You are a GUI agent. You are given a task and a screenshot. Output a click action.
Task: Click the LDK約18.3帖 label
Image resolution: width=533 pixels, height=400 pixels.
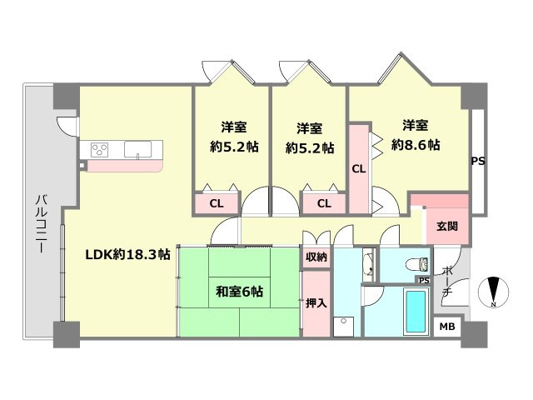point(127,254)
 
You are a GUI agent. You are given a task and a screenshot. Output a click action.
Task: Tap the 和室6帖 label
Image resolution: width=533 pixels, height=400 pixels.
point(239,292)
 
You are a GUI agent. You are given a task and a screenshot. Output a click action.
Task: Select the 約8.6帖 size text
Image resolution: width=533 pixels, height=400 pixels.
point(416,145)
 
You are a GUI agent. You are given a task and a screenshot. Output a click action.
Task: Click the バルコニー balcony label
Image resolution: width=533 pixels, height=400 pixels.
point(42,223)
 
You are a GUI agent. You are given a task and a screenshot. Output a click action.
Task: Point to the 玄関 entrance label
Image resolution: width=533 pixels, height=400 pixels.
point(447,226)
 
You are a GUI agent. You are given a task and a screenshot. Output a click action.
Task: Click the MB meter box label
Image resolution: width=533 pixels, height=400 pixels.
point(447,327)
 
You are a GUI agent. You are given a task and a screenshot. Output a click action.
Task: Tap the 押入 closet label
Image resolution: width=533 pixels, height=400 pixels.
point(316,302)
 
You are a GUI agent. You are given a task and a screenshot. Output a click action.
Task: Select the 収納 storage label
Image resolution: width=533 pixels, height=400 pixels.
point(316,257)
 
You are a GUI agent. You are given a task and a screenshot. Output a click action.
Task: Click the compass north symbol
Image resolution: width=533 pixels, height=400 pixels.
point(493,292)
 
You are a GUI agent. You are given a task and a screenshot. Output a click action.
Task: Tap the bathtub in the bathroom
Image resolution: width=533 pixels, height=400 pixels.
point(416,311)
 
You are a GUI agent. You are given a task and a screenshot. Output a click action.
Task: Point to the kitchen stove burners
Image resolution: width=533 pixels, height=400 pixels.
point(100,150)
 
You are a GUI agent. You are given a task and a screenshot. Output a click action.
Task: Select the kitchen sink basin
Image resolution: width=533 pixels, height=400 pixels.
point(137,150)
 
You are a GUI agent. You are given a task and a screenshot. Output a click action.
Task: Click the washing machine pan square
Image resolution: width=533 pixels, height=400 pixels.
point(344,327)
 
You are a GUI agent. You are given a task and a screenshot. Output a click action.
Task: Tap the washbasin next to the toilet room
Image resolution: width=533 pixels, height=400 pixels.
point(368,265)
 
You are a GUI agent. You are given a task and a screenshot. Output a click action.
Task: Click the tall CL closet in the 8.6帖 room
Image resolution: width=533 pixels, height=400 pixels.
point(359,169)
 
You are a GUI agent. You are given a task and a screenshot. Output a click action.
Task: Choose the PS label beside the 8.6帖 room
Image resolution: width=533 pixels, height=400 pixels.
point(478,161)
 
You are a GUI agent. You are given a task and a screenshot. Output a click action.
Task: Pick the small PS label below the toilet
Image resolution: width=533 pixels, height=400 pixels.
point(424,281)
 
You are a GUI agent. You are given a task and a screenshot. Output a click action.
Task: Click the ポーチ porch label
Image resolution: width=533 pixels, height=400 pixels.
point(447,281)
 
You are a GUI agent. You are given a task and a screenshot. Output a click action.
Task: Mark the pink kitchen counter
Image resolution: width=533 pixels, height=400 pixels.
point(125,167)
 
